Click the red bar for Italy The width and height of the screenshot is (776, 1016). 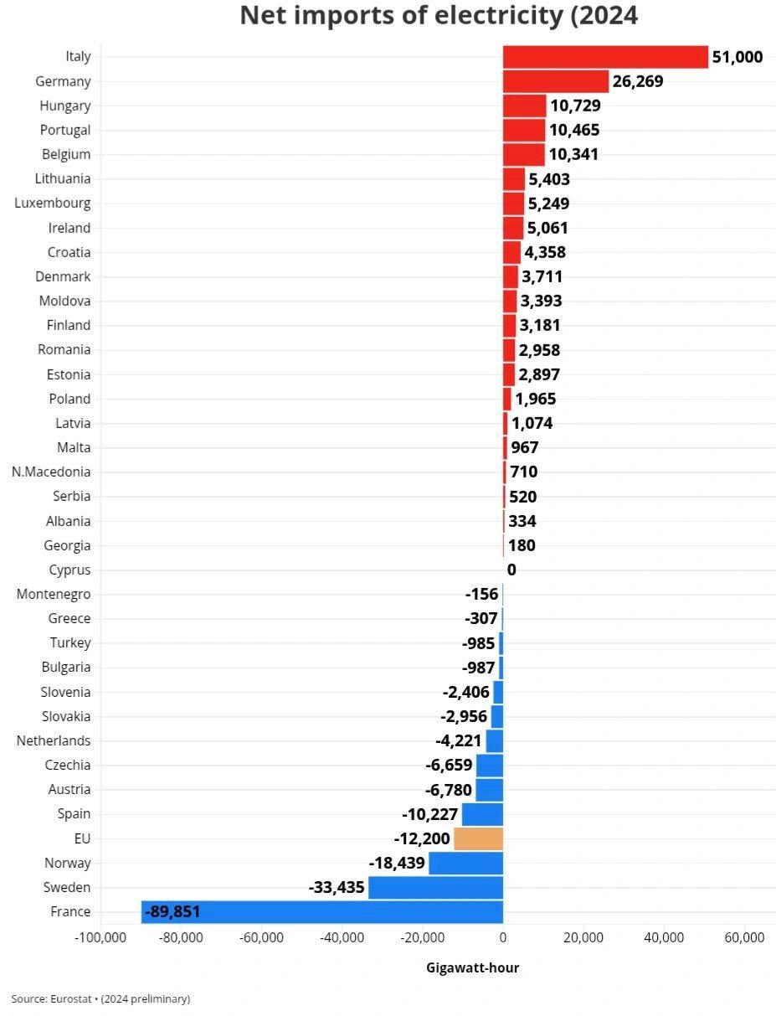tap(605, 57)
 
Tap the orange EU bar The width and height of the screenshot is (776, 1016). tap(478, 838)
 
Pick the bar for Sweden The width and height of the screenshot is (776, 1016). tap(435, 888)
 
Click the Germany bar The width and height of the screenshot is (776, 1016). tap(555, 81)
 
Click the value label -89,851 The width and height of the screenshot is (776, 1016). tap(172, 912)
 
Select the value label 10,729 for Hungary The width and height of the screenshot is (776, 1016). tap(575, 106)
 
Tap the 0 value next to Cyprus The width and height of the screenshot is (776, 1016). tap(511, 570)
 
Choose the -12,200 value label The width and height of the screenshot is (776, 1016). tap(422, 838)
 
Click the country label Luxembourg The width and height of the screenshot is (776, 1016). tap(53, 203)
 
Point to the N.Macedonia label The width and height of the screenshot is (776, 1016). tap(51, 472)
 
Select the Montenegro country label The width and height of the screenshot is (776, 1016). tap(54, 594)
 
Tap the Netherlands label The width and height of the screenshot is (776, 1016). tap(54, 740)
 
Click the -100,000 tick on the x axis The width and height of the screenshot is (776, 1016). tap(100, 938)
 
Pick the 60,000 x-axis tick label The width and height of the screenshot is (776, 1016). tap(744, 938)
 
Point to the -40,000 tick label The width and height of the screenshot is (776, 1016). tap(342, 938)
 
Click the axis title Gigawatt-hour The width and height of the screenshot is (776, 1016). tap(472, 968)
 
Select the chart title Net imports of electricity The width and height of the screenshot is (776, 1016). tap(439, 15)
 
